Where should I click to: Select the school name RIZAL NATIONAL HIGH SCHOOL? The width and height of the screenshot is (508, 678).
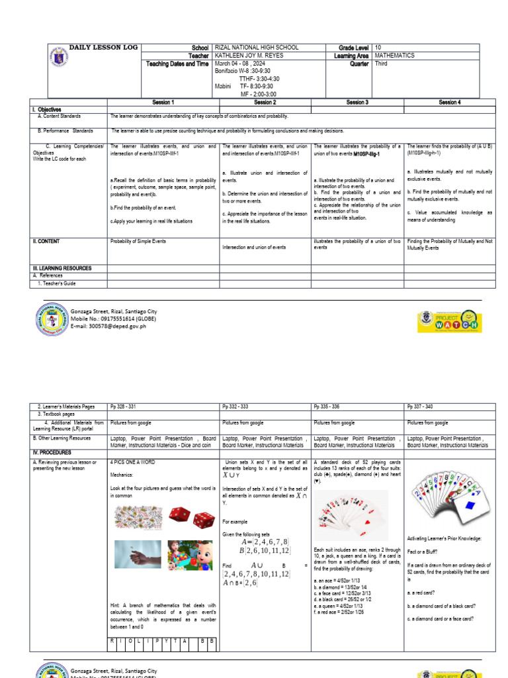257,48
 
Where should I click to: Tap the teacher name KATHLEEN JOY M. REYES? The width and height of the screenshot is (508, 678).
249,56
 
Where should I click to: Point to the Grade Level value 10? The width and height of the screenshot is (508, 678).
378,48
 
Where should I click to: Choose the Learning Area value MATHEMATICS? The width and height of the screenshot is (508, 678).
394,56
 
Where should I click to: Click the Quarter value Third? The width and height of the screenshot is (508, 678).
381,64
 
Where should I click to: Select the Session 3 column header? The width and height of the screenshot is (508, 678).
357,103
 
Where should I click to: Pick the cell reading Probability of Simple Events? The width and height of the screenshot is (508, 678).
138,242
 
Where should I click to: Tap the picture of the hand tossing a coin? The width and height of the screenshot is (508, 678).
138,554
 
